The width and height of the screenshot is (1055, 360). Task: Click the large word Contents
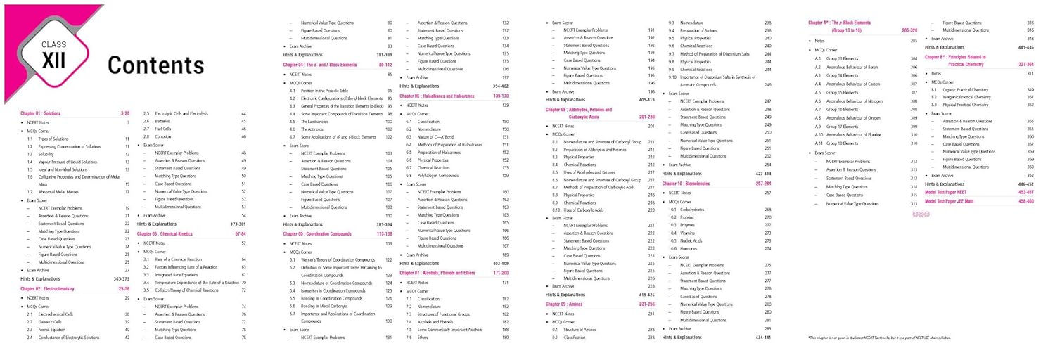155,65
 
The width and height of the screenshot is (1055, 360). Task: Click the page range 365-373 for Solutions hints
121,279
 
